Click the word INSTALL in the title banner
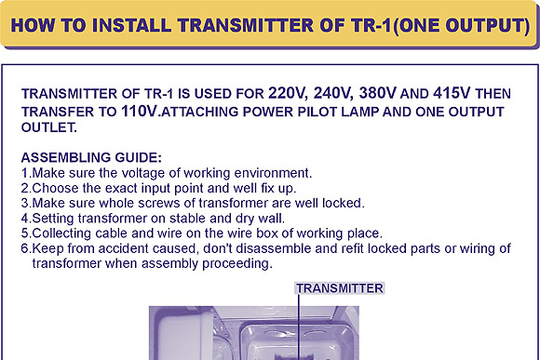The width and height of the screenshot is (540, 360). (x=132, y=25)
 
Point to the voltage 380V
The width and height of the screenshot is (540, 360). (x=378, y=93)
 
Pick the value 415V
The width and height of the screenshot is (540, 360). (x=452, y=93)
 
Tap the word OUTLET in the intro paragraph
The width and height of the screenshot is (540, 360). (x=49, y=127)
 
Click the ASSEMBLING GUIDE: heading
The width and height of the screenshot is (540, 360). (x=91, y=157)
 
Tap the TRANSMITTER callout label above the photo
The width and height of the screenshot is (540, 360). (x=340, y=288)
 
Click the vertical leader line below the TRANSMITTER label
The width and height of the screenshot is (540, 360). (x=299, y=327)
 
